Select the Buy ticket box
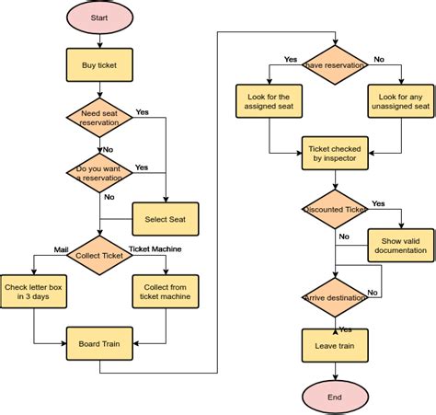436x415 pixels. point(98,65)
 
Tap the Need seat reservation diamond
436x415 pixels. point(98,118)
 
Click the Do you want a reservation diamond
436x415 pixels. point(98,172)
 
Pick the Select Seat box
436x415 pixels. point(166,218)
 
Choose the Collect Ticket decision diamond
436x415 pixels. point(98,255)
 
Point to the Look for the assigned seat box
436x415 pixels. point(269,102)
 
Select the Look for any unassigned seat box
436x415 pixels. point(401,102)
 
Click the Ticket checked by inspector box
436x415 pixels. point(335,155)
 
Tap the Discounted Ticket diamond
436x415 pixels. point(335,210)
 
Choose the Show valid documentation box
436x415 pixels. point(401,245)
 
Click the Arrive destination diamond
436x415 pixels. point(335,298)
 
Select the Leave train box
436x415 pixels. point(335,347)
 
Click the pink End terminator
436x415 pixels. point(335,396)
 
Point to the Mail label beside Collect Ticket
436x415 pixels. point(36,248)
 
